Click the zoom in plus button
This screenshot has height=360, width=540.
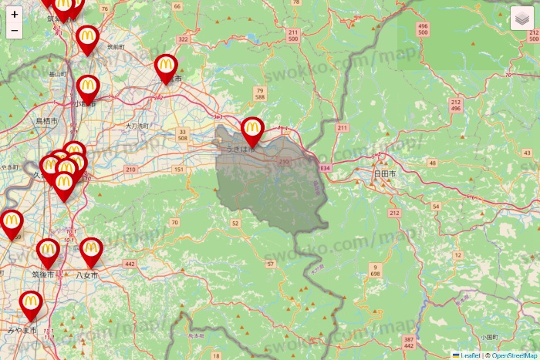tap(15, 15)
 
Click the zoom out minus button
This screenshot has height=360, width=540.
tap(15, 31)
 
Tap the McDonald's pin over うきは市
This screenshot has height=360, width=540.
tap(252, 130)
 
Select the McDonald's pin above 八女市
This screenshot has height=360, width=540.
tap(91, 250)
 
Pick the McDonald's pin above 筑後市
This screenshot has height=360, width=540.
tap(48, 251)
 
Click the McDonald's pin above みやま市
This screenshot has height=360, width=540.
tap(31, 304)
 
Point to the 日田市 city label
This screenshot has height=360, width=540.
tap(383, 175)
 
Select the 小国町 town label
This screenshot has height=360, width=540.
tap(488, 337)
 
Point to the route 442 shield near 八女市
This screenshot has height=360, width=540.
tap(129, 264)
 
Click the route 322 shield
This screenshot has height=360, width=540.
tap(183, 39)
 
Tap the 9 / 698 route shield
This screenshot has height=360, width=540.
tap(375, 270)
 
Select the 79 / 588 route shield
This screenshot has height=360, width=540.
tap(259, 95)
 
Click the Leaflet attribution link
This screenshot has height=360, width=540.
tap(470, 355)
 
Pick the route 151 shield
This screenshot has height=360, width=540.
tap(179, 170)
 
